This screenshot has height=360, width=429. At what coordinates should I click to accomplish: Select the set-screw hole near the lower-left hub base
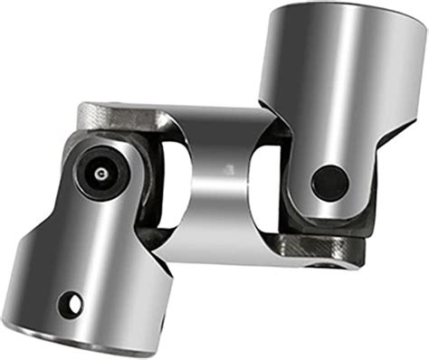70,304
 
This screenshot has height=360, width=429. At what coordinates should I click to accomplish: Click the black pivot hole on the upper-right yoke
329,182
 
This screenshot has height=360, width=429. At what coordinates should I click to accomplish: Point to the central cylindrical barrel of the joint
222,181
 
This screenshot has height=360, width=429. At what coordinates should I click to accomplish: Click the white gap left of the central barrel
177,181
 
